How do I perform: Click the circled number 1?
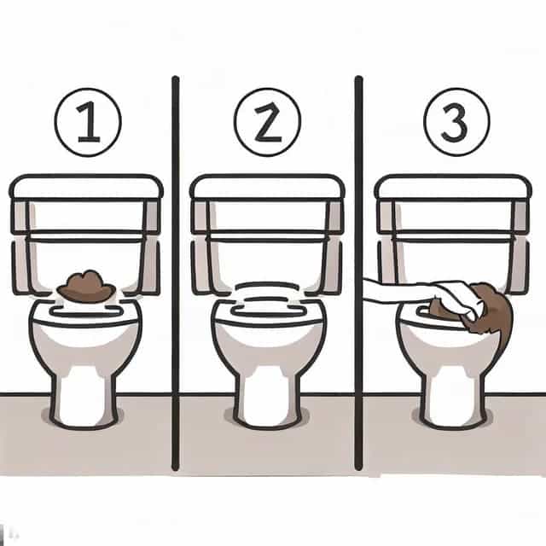(88, 122)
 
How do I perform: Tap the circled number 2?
(267, 122)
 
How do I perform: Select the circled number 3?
(456, 122)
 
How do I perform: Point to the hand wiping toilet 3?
(456, 296)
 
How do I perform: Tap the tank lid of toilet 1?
(86, 187)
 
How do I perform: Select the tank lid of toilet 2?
(267, 187)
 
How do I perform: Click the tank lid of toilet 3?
(453, 187)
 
